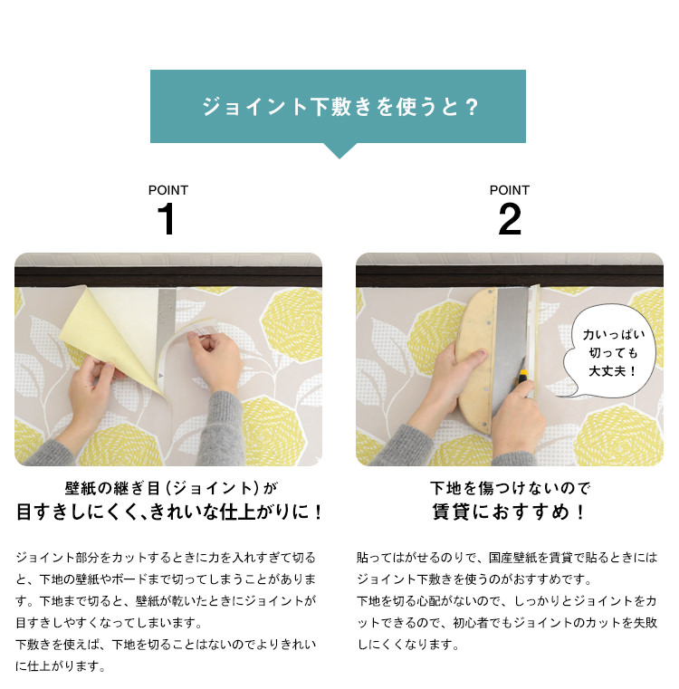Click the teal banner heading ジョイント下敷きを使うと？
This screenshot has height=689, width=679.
coord(339,107)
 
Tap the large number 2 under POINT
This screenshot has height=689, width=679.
coord(510,221)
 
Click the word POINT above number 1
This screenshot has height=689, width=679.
coord(168,190)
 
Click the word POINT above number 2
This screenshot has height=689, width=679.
coord(510,190)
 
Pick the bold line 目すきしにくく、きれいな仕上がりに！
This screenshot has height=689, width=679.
coord(169,513)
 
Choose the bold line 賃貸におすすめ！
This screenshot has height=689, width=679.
coord(509,513)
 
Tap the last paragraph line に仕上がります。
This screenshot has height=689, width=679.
coord(62,666)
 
